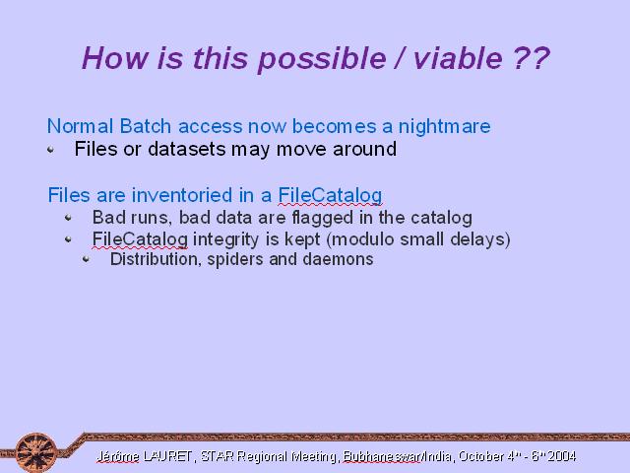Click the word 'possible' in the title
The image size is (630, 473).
click(322, 59)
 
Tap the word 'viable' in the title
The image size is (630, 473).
click(458, 58)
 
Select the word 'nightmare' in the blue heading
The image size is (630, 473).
click(444, 127)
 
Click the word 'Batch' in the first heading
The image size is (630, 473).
click(146, 126)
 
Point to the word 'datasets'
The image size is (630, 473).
click(187, 149)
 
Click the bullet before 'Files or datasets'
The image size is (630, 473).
click(50, 150)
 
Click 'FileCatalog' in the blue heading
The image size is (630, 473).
click(330, 196)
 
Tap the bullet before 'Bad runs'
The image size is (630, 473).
click(68, 218)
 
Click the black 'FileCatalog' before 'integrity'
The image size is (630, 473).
click(140, 239)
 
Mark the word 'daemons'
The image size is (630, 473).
click(338, 259)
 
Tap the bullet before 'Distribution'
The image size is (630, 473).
click(86, 259)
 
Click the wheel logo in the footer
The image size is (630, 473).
click(36, 452)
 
